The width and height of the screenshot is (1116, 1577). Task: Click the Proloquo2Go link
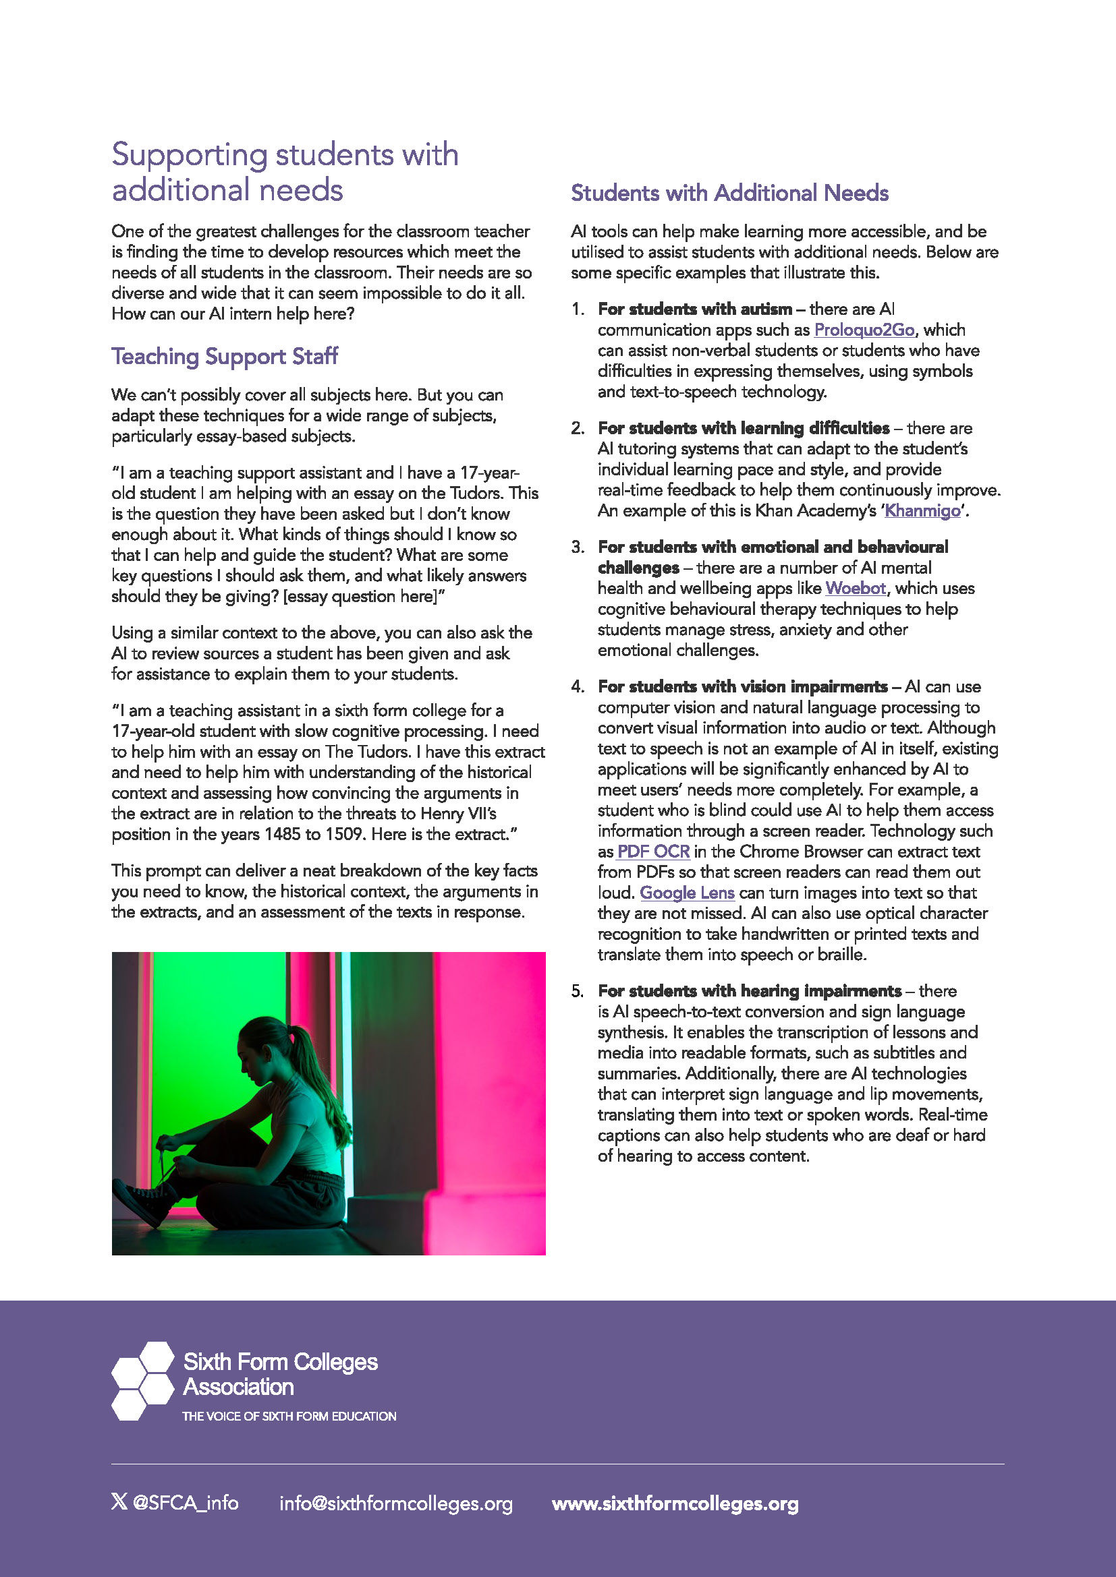pos(864,330)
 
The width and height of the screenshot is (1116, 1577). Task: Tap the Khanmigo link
pos(922,511)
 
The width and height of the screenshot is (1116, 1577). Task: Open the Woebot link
pos(856,589)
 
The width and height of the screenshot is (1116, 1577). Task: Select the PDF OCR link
pos(653,852)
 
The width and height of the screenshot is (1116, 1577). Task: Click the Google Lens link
pos(687,893)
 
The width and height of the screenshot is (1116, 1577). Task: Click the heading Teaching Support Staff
pos(225,357)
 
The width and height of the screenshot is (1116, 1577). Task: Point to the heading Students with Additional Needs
pos(729,193)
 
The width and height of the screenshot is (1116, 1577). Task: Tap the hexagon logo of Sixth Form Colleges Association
pos(143,1381)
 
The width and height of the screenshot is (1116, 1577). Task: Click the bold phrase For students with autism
pos(695,309)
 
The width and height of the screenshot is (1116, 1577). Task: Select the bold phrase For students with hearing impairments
pos(750,991)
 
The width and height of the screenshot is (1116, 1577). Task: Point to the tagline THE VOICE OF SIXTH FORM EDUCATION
pos(289,1417)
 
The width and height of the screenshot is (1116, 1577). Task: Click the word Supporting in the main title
pos(190,155)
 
